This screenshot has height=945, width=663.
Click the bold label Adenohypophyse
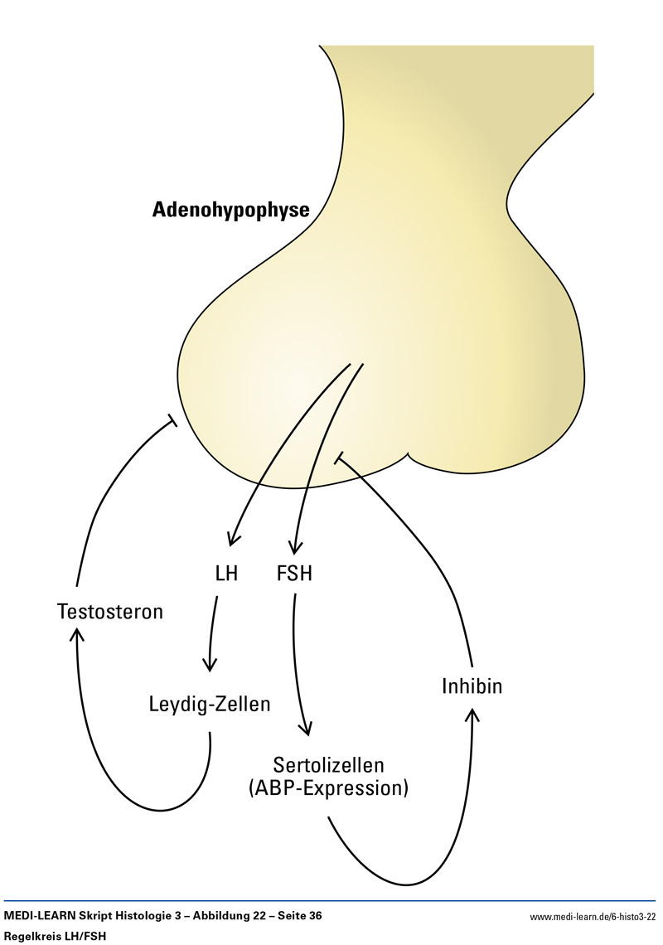[x=230, y=210]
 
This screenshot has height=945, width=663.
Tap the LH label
[x=226, y=573]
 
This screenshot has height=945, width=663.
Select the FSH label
[x=294, y=573]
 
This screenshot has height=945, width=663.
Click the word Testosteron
[x=110, y=613]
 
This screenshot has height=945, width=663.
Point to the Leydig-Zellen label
[x=210, y=705]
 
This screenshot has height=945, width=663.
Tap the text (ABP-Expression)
[x=329, y=787]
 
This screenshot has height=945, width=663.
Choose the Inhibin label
[x=472, y=686]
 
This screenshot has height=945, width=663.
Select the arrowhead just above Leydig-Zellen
[x=210, y=666]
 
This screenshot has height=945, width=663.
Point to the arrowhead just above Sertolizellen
[x=307, y=730]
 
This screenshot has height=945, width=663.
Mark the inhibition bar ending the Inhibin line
[x=337, y=457]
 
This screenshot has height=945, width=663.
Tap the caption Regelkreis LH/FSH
[x=56, y=936]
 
